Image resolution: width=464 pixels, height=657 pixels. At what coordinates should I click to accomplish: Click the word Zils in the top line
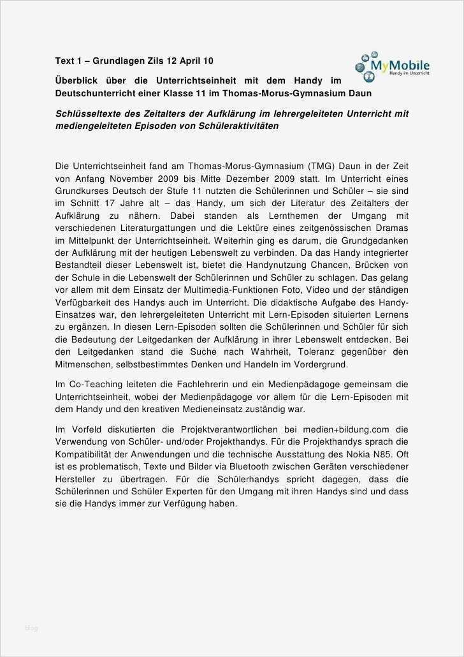(154, 61)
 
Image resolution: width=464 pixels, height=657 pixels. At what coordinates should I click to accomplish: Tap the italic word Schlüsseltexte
(86, 114)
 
